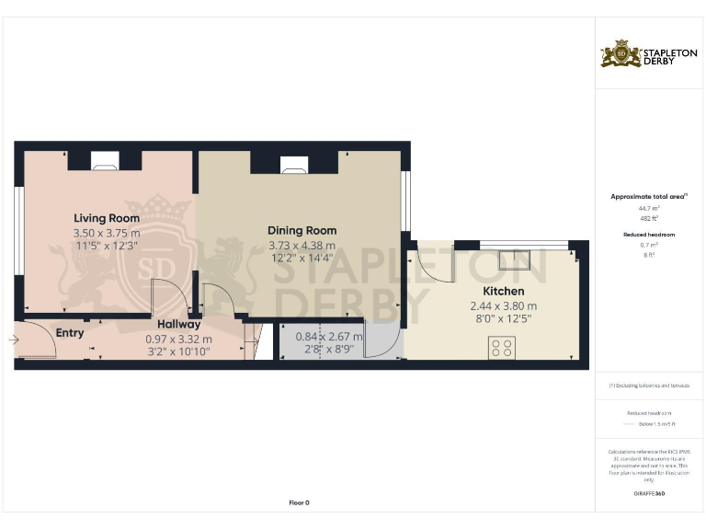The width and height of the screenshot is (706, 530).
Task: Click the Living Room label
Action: [x=107, y=218]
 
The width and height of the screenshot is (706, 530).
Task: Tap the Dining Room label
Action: [x=302, y=230]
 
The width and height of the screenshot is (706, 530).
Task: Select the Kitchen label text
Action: [x=503, y=291]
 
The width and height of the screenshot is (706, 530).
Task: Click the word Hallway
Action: [x=178, y=325]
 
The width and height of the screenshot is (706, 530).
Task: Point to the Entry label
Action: [x=70, y=332]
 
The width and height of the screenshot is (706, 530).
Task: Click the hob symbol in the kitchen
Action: [x=502, y=348]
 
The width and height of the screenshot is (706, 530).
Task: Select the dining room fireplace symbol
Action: [x=294, y=165]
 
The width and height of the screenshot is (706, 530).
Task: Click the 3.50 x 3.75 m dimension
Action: [x=107, y=234]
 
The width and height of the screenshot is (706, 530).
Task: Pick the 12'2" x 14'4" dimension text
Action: [x=302, y=260]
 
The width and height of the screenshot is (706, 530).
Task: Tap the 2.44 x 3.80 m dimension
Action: [x=504, y=305]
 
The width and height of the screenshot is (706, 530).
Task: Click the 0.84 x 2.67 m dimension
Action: [x=329, y=337]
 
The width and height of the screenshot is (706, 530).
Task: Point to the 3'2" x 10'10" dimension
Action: [x=178, y=351]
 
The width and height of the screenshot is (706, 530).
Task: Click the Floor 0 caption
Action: [x=300, y=502]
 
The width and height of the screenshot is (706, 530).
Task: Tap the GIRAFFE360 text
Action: [x=649, y=494]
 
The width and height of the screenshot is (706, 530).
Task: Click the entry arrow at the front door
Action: [x=13, y=340]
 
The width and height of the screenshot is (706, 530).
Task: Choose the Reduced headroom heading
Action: [x=649, y=235]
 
